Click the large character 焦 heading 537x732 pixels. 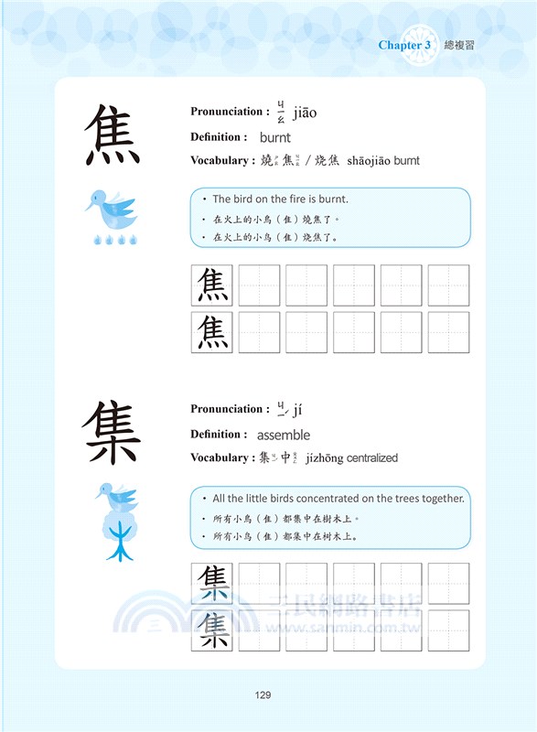113,134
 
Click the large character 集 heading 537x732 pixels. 113,432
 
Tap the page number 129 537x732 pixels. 263,695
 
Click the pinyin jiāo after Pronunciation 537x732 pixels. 305,113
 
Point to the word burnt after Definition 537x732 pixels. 274,137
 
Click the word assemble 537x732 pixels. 284,435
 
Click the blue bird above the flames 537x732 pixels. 110,210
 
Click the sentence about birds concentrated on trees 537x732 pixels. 338,498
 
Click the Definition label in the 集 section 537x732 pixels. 219,434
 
